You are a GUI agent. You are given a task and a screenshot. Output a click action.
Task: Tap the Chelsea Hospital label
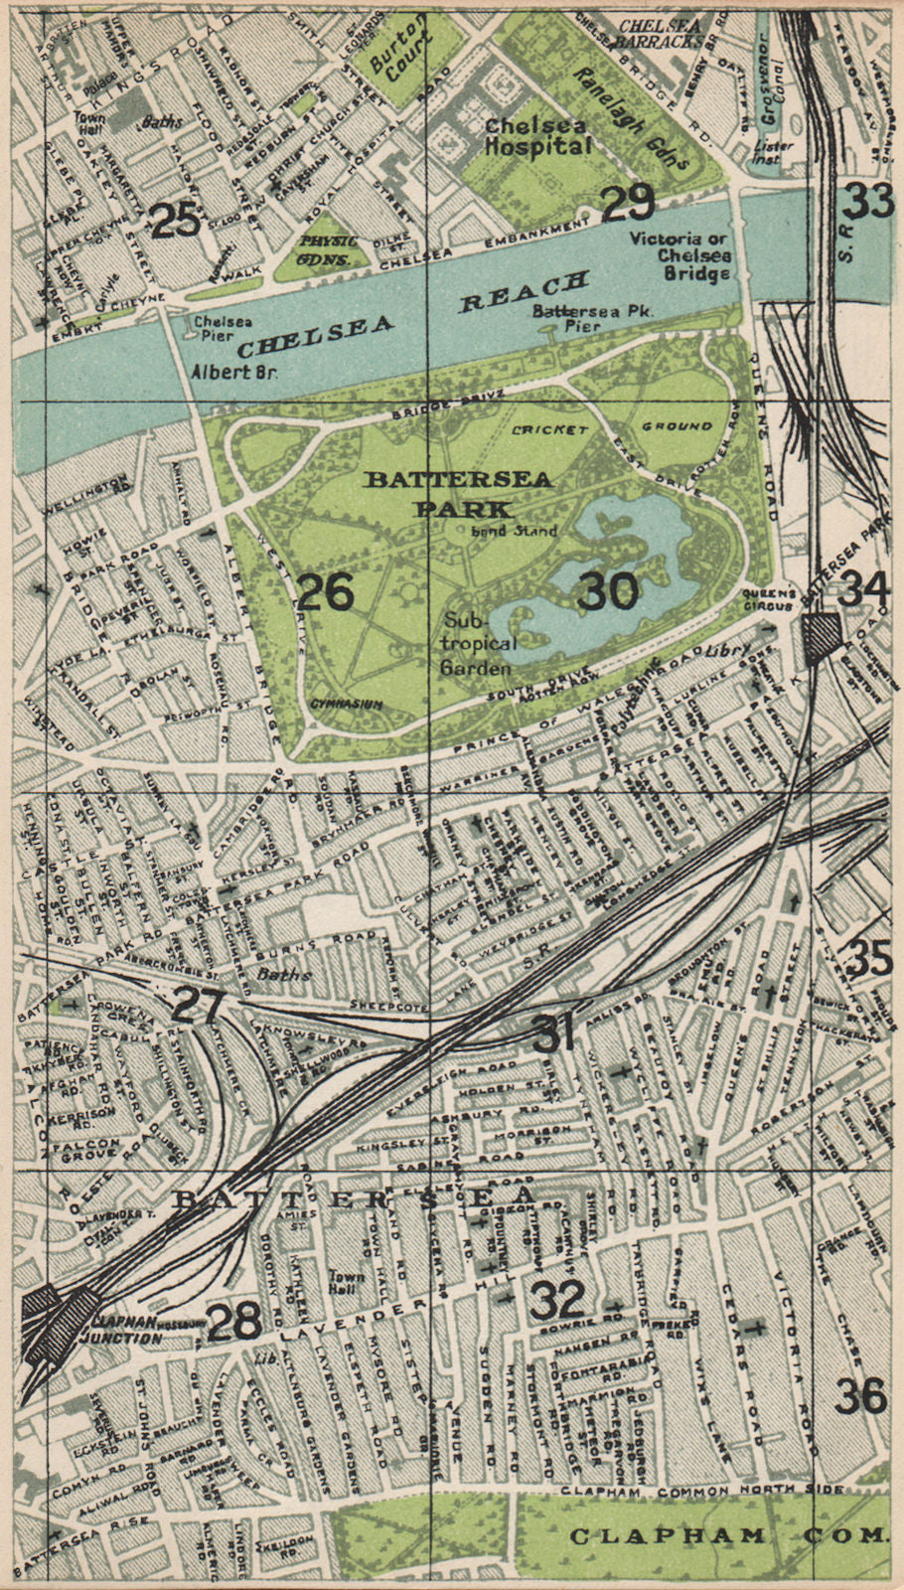[x=537, y=136]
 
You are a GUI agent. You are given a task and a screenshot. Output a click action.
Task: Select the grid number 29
[x=628, y=204]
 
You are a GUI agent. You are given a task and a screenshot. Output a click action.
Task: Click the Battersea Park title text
[x=459, y=493]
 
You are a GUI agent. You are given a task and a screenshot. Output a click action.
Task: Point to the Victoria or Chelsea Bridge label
[x=681, y=255]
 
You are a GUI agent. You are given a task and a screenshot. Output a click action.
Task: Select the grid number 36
[x=860, y=1396]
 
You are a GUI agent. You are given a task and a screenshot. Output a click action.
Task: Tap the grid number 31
[x=553, y=1034]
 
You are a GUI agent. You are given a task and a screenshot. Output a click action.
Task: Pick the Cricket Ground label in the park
[x=612, y=428]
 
